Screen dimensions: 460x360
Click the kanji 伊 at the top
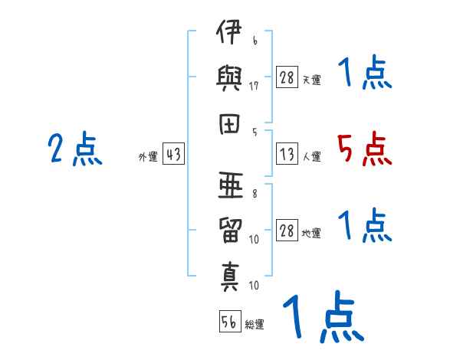click(x=229, y=31)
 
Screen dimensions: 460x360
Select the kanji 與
click(x=229, y=78)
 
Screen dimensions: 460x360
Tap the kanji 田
click(x=229, y=124)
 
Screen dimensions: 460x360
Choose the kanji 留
click(x=230, y=231)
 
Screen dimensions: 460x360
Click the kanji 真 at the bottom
click(x=230, y=277)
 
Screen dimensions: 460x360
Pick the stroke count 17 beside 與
click(x=254, y=86)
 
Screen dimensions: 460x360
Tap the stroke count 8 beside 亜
click(x=255, y=194)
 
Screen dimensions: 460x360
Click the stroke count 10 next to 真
click(x=254, y=285)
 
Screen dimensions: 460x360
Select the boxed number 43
click(x=173, y=154)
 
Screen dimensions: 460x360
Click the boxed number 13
click(x=287, y=154)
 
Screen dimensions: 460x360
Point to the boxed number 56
click(x=230, y=321)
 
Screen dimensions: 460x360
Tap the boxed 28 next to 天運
click(x=287, y=77)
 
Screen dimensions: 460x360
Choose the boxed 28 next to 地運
click(x=287, y=230)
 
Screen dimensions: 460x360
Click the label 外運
click(x=148, y=156)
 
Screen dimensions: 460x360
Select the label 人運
click(x=312, y=156)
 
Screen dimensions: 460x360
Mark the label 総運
click(x=255, y=324)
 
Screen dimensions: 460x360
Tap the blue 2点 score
click(x=75, y=149)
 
